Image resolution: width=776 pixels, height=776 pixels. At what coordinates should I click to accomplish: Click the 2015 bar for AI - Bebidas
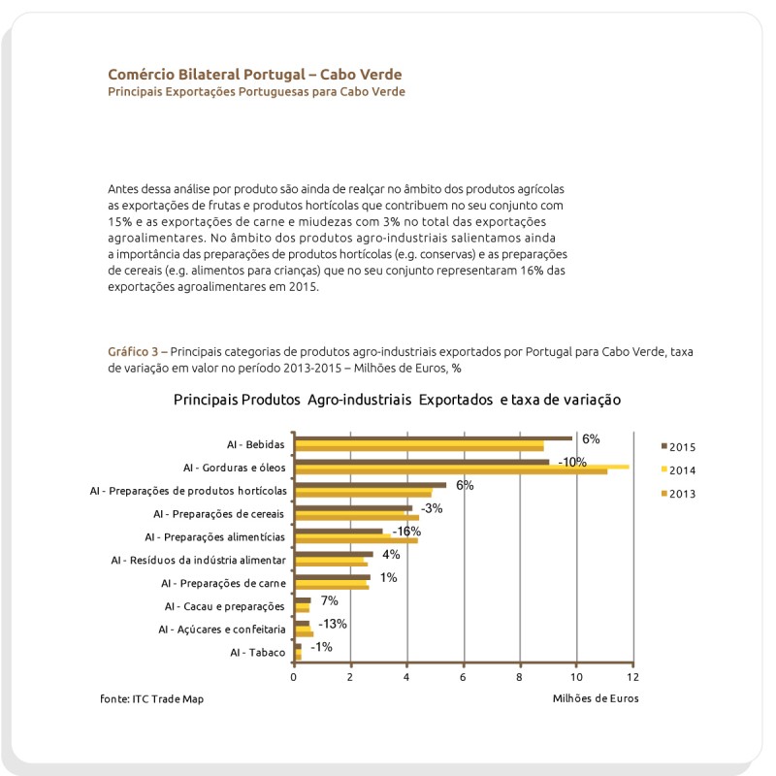tap(433, 438)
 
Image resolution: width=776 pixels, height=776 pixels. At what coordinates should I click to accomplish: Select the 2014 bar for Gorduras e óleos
tap(462, 467)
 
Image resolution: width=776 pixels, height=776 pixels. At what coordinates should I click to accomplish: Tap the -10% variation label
tap(572, 462)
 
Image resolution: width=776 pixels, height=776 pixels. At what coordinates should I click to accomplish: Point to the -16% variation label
tap(406, 532)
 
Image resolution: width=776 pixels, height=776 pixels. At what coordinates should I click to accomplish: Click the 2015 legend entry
tap(683, 447)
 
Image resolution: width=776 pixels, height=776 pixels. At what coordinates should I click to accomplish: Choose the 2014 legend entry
tap(683, 470)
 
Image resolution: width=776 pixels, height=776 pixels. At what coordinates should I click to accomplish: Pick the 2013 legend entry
tap(683, 494)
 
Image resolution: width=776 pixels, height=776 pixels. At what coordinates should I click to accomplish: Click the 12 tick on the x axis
tap(632, 677)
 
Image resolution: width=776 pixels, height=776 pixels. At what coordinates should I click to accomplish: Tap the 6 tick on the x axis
tap(464, 677)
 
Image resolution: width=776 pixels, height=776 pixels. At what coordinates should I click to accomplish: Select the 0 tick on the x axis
tap(294, 677)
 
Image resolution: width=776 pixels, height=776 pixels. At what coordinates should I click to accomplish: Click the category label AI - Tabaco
tap(258, 653)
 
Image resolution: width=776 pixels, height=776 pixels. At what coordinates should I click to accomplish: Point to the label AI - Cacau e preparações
tap(225, 606)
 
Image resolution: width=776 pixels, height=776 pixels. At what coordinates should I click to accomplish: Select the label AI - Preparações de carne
tap(223, 583)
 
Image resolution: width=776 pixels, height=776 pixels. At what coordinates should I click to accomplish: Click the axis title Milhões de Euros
tap(596, 698)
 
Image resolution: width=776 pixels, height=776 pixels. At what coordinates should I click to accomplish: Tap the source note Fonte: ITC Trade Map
tap(152, 698)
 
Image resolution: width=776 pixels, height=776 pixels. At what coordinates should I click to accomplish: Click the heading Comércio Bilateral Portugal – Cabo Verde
tap(254, 74)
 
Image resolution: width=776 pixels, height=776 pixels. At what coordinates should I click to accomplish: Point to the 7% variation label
tap(329, 600)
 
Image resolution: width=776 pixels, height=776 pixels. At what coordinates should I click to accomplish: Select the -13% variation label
tap(333, 624)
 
